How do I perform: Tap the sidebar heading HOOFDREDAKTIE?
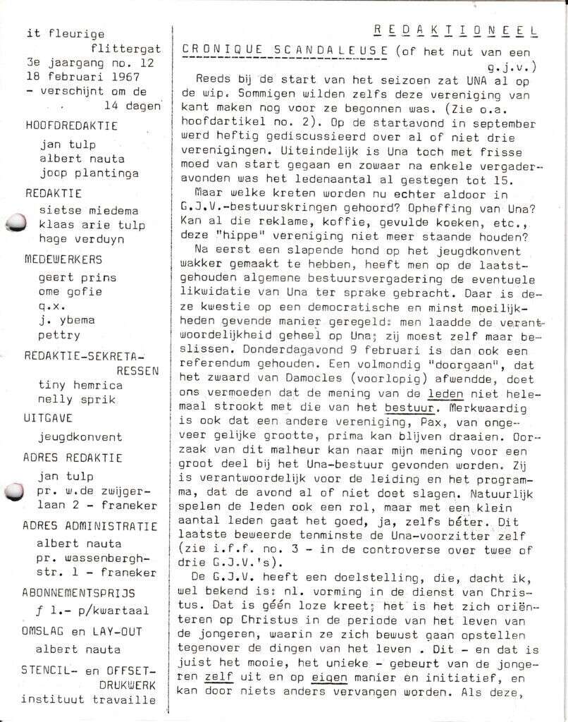point(71,126)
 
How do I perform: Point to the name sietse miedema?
point(89,210)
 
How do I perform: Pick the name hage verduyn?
point(82,240)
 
